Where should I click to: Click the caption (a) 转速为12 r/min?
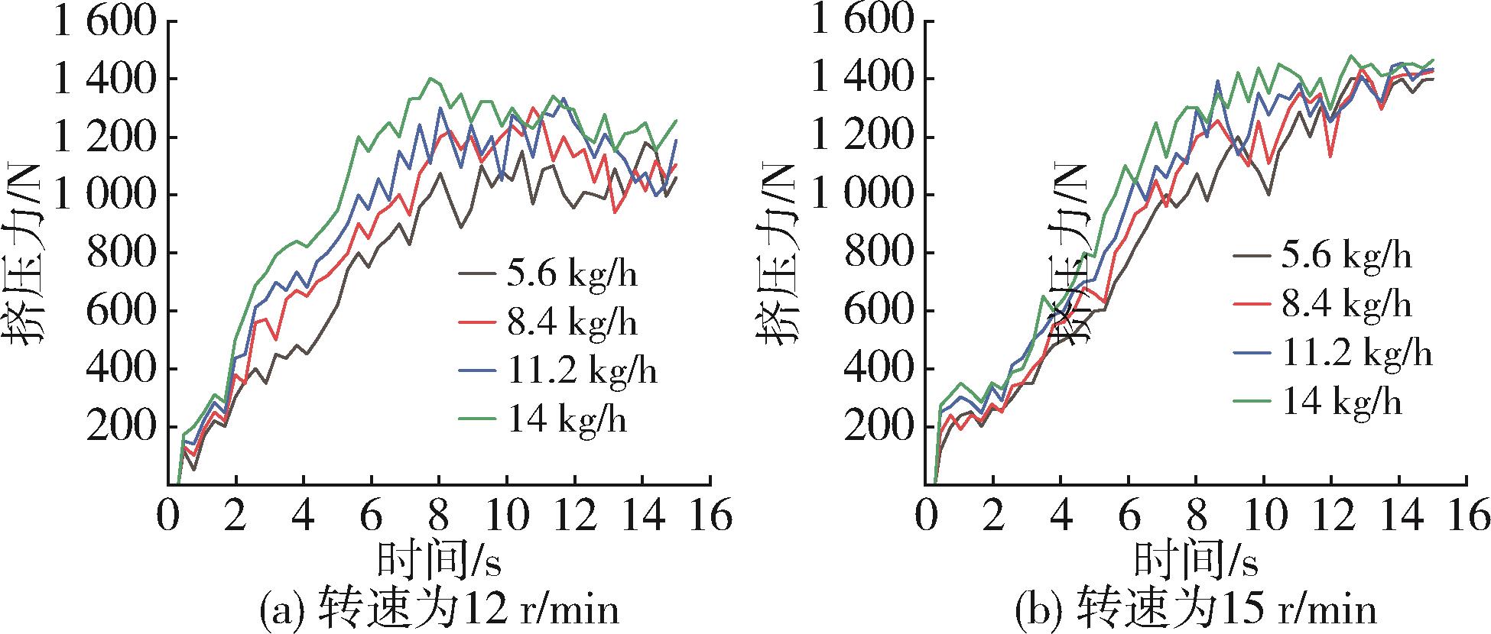(x=438, y=610)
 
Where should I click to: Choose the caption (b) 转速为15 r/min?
(x=1195, y=610)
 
